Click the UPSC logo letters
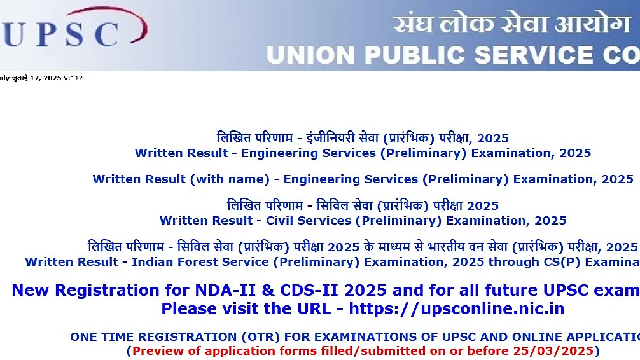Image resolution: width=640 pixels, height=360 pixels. pyautogui.click(x=60, y=34)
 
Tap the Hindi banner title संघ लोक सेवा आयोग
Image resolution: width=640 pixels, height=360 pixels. pyautogui.click(x=512, y=24)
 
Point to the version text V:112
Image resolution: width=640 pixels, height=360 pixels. pyautogui.click(x=73, y=78)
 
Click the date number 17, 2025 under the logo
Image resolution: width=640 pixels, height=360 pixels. pyautogui.click(x=45, y=78)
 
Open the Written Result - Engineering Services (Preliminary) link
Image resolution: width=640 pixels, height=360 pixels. pyautogui.click(x=363, y=153)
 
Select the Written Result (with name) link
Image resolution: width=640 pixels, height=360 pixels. pyautogui.click(x=363, y=179)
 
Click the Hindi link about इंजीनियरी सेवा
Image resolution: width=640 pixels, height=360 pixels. pyautogui.click(x=363, y=138)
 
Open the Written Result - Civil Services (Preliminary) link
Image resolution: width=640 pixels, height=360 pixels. pyautogui.click(x=363, y=221)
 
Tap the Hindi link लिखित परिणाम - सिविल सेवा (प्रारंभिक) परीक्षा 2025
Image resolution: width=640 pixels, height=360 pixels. pyautogui.click(x=363, y=205)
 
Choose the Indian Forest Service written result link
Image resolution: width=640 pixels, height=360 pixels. pyautogui.click(x=332, y=261)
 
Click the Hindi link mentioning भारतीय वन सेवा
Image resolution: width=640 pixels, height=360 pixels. pyautogui.click(x=363, y=247)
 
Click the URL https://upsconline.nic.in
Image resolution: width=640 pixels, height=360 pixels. pyautogui.click(x=457, y=308)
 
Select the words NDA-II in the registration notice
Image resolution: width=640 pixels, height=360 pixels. pyautogui.click(x=226, y=290)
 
